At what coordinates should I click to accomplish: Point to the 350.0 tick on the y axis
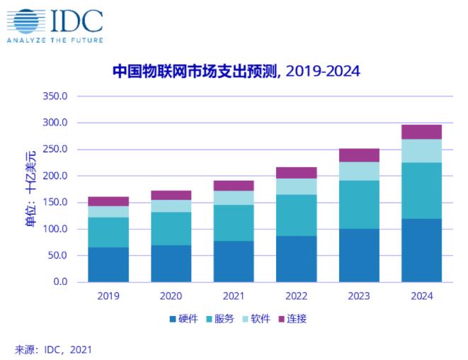(x=55, y=96)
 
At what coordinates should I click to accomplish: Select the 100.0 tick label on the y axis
(x=55, y=229)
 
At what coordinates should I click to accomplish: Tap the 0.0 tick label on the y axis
(x=59, y=282)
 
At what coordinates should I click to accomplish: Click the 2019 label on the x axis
(x=108, y=296)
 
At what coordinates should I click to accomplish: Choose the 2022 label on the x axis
(x=296, y=296)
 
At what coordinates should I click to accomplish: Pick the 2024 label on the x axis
(x=421, y=296)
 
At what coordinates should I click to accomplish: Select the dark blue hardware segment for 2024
(x=421, y=250)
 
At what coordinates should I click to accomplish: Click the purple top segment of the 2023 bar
(x=358, y=155)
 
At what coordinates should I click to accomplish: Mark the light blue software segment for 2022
(x=296, y=186)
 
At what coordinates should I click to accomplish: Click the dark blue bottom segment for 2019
(x=108, y=264)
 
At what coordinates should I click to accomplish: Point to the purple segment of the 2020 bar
(x=171, y=195)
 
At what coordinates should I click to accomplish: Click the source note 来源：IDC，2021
(x=53, y=349)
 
